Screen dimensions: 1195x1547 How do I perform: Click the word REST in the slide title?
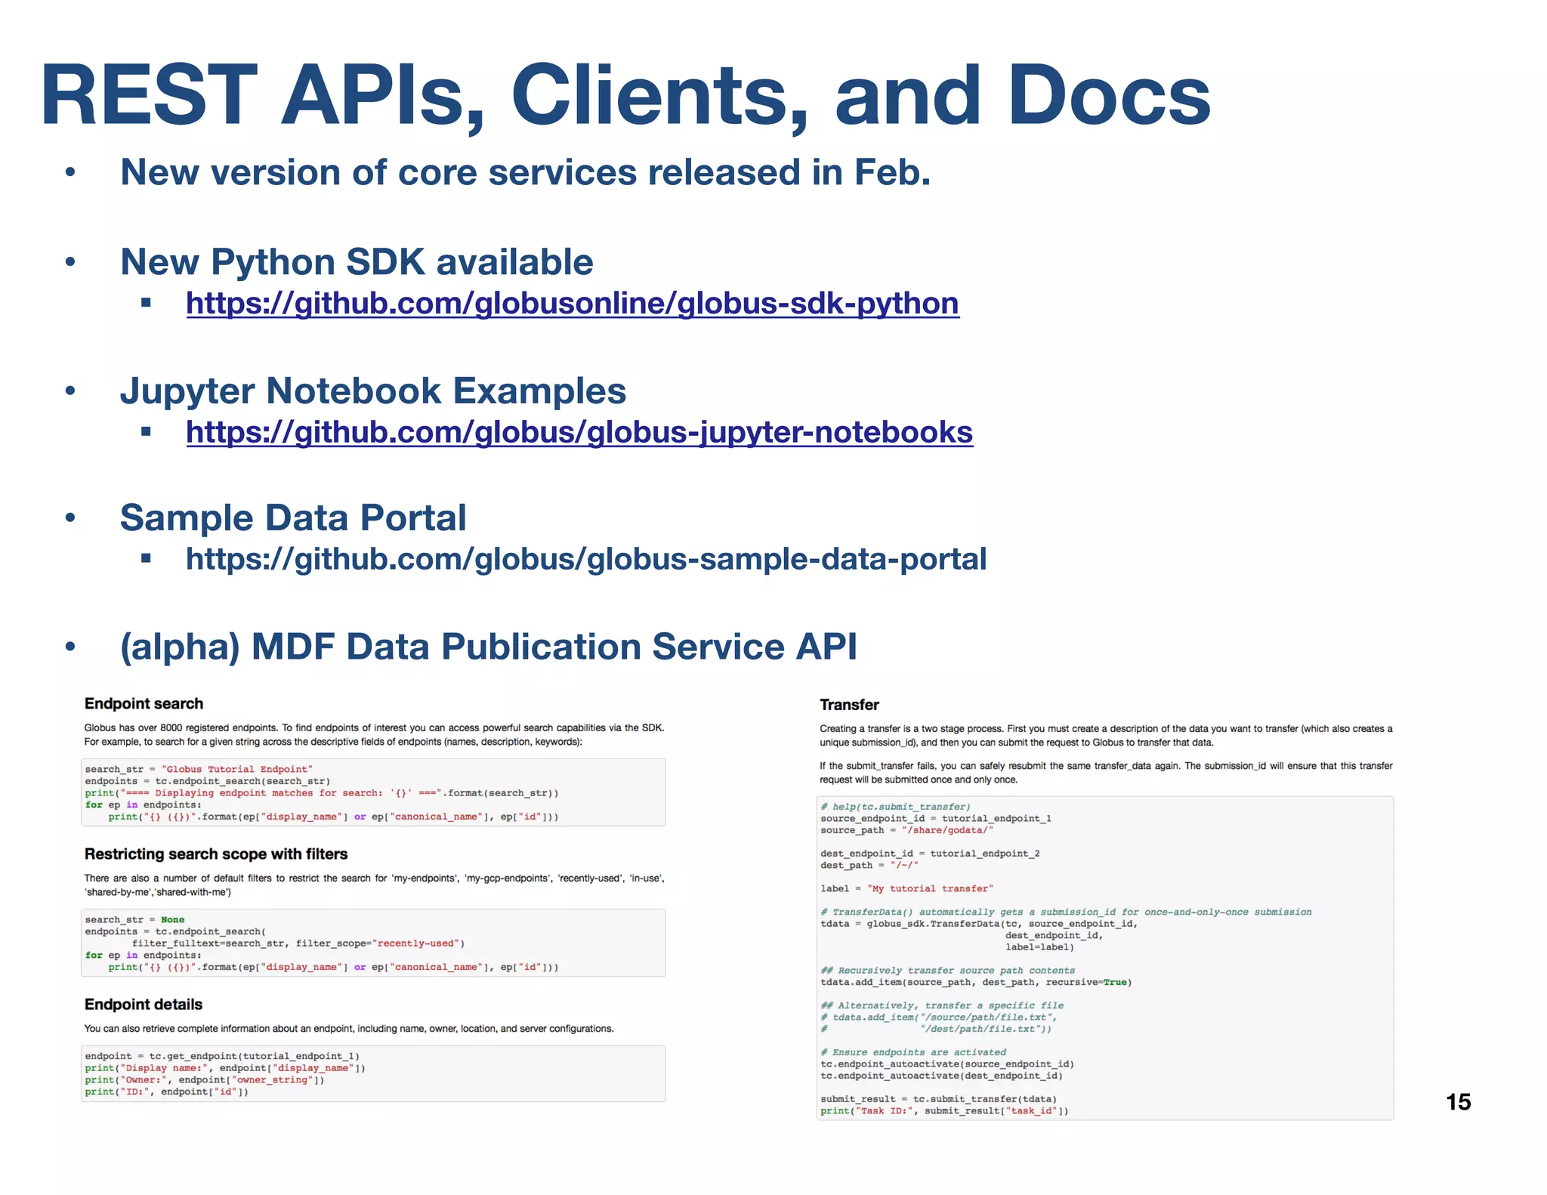coord(149,95)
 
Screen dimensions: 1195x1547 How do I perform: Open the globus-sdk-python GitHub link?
coord(573,304)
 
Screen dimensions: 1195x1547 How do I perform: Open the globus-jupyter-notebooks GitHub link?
coord(579,433)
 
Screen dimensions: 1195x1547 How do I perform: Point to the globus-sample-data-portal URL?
coord(586,560)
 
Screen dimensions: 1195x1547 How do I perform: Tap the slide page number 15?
coord(1458,1102)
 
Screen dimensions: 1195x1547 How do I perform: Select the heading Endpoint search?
coord(144,704)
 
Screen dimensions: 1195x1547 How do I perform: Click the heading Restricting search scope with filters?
coord(216,854)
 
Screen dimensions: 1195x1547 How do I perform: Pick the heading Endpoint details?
coord(144,1005)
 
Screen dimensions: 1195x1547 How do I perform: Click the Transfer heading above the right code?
coord(849,705)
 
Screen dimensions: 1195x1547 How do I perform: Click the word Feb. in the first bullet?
coord(892,173)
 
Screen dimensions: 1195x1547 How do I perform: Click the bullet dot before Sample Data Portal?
coord(70,518)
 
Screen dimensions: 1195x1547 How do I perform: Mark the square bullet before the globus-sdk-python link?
coord(146,304)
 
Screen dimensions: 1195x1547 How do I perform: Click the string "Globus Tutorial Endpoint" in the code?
coord(236,769)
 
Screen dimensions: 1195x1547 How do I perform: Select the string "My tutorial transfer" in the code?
coord(930,888)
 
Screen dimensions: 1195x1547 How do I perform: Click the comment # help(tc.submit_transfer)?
coord(896,807)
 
